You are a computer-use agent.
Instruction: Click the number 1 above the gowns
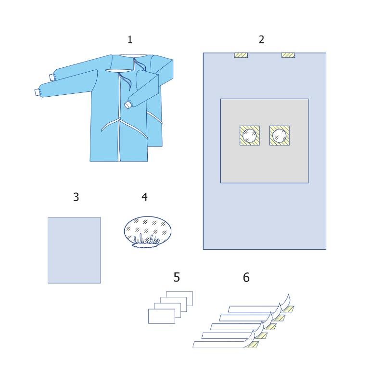(130, 39)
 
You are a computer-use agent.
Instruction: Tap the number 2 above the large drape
(261, 39)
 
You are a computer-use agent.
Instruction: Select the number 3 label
(76, 197)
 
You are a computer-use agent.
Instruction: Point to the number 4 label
(145, 197)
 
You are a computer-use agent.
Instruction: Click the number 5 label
(177, 277)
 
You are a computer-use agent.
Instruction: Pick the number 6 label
(246, 278)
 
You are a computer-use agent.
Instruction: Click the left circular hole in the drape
(249, 136)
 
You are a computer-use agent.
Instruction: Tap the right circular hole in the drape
(280, 136)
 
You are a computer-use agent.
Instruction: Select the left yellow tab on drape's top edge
(241, 55)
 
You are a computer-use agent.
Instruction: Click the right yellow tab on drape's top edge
(288, 55)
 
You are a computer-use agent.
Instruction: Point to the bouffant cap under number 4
(148, 231)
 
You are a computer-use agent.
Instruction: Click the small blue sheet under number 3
(74, 250)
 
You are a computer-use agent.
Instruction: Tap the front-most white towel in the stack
(162, 316)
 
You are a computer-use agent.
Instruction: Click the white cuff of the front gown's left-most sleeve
(38, 92)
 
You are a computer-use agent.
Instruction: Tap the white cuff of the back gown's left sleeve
(52, 77)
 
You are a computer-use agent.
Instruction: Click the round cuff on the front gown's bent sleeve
(128, 105)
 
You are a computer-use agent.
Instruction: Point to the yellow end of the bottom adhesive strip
(251, 345)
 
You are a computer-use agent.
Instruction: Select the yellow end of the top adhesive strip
(288, 309)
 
